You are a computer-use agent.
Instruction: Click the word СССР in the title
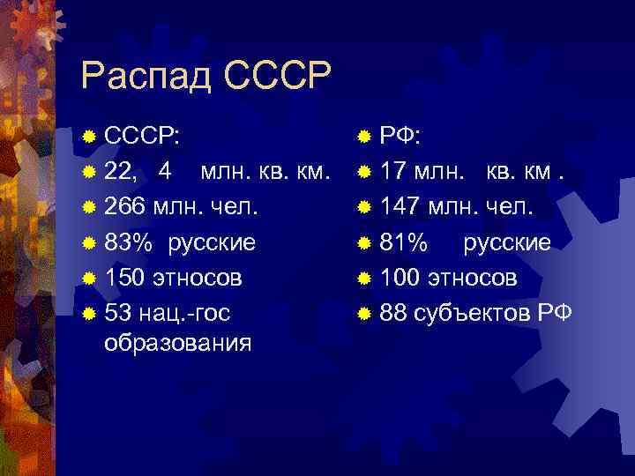[x=277, y=76]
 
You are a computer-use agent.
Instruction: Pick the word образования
[x=176, y=342]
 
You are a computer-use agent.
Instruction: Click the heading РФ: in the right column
[x=400, y=137]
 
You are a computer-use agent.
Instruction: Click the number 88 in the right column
[x=394, y=313]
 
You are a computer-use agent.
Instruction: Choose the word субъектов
[x=473, y=313]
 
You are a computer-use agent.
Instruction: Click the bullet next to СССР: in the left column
[x=88, y=138]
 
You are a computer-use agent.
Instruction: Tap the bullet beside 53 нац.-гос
[x=88, y=314]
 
